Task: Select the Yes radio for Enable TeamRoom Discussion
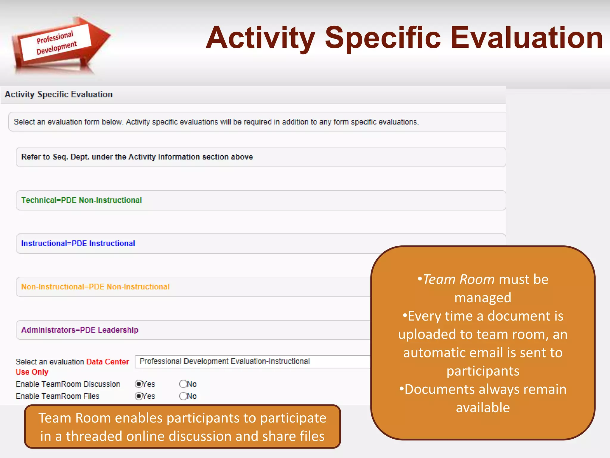point(139,384)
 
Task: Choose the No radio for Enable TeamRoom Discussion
point(183,384)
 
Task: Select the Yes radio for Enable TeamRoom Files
point(139,396)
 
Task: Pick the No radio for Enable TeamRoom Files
point(183,396)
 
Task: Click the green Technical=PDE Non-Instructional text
point(81,200)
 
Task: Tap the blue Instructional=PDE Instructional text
point(78,243)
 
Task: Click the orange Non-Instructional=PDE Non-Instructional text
point(95,287)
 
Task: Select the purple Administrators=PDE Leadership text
point(80,330)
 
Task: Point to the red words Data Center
point(108,362)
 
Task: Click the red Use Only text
point(32,372)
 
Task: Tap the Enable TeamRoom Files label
point(57,396)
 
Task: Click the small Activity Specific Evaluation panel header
point(59,95)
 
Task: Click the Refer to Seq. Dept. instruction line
point(137,157)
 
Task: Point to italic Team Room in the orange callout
point(458,279)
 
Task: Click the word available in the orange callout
point(483,408)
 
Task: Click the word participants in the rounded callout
point(483,371)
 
